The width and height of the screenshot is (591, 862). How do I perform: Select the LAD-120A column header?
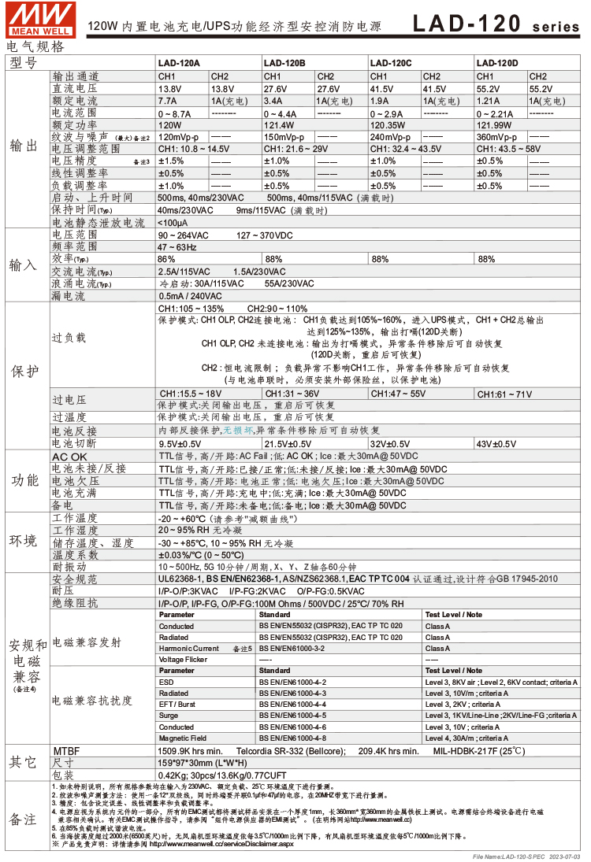click(x=179, y=62)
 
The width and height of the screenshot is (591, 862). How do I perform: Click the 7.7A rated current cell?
click(x=167, y=101)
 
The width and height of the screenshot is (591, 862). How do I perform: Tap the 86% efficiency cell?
click(x=166, y=259)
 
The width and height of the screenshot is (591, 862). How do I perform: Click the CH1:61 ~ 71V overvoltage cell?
click(x=504, y=394)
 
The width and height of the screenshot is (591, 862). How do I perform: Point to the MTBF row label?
click(x=66, y=751)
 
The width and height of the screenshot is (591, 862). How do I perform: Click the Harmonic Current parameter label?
click(x=189, y=648)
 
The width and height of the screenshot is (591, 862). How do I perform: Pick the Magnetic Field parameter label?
click(x=182, y=738)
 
